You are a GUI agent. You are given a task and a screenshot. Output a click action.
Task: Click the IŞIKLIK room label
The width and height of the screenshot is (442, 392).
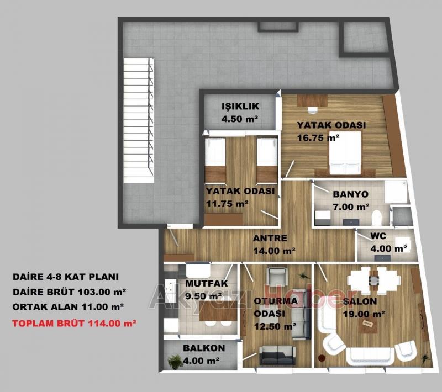[240, 107]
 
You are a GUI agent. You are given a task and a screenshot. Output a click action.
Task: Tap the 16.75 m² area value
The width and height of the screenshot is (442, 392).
[318, 137]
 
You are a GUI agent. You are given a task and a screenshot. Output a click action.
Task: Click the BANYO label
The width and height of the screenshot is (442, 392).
[350, 194]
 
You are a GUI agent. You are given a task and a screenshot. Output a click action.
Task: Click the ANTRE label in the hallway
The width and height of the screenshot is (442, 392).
[270, 239]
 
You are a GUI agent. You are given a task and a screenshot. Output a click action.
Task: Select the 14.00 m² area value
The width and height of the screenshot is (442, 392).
[274, 250]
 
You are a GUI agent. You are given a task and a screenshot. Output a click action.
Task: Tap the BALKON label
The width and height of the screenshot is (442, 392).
[204, 348]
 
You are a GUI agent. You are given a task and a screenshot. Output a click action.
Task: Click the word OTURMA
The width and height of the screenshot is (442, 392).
[276, 301]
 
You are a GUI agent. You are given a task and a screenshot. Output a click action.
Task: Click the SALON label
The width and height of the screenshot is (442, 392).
[360, 302]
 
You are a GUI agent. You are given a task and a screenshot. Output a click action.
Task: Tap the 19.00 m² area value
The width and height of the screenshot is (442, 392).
[364, 314]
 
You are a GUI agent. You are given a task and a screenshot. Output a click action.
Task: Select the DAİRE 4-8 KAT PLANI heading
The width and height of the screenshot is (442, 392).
[66, 277]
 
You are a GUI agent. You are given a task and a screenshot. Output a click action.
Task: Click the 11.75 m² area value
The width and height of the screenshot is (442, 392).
[227, 203]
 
